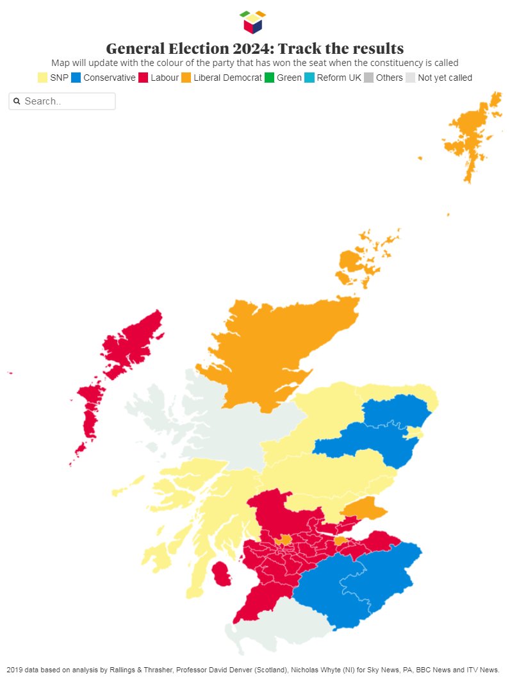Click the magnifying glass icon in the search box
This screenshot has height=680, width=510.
17,101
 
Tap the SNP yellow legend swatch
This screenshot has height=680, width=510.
42,78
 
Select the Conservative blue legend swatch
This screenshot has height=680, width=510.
76,78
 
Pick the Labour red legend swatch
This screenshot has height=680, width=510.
143,78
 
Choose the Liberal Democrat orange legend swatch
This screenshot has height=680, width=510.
186,78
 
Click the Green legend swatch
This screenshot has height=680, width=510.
269,78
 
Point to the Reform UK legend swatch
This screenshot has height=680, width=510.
309,78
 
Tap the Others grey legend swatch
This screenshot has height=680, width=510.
368,78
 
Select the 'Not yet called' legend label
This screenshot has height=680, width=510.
445,78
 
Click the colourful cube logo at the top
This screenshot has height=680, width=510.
252,22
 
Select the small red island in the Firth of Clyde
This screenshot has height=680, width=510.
222,574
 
